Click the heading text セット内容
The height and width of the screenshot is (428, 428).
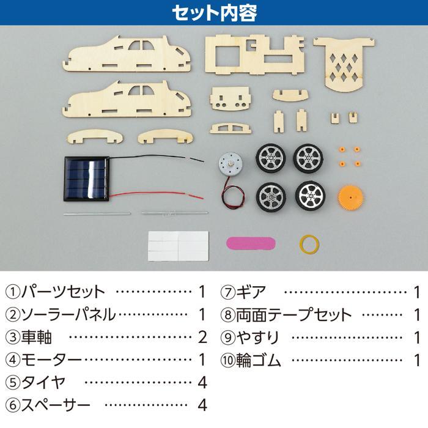[x=214, y=12]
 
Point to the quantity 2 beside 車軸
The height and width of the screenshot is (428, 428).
[x=202, y=337]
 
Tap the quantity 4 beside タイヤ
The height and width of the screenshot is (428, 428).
[x=202, y=382]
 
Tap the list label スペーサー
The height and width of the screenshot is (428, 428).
[x=56, y=405]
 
